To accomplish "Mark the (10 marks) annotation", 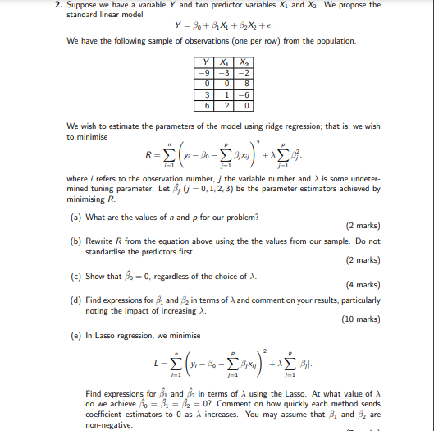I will point(358,321).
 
